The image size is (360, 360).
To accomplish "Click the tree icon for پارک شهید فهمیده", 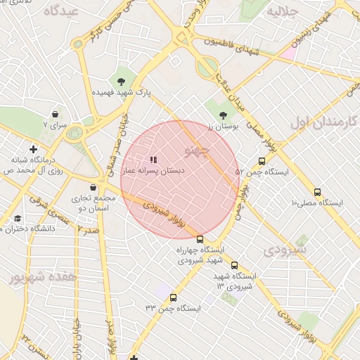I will pyautogui.click(x=122, y=80).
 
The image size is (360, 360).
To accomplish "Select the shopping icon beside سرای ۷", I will pyautogui.click(x=55, y=114).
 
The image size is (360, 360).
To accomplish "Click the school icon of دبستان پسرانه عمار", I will pyautogui.click(x=154, y=160).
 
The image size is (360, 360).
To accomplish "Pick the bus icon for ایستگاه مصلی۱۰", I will pyautogui.click(x=317, y=192).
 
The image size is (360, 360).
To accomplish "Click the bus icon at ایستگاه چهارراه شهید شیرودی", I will pyautogui.click(x=200, y=239).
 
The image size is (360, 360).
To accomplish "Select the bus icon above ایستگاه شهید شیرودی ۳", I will pyautogui.click(x=234, y=265).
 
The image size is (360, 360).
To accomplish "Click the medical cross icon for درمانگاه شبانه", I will pyautogui.click(x=33, y=149).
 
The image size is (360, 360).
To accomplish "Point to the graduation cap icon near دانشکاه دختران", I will pyautogui.click(x=17, y=218).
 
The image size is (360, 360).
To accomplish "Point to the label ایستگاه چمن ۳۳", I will pyautogui.click(x=173, y=308).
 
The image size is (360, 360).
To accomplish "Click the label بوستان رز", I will pyautogui.click(x=224, y=127).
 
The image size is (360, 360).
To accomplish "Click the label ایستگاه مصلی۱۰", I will pyautogui.click(x=316, y=203).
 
